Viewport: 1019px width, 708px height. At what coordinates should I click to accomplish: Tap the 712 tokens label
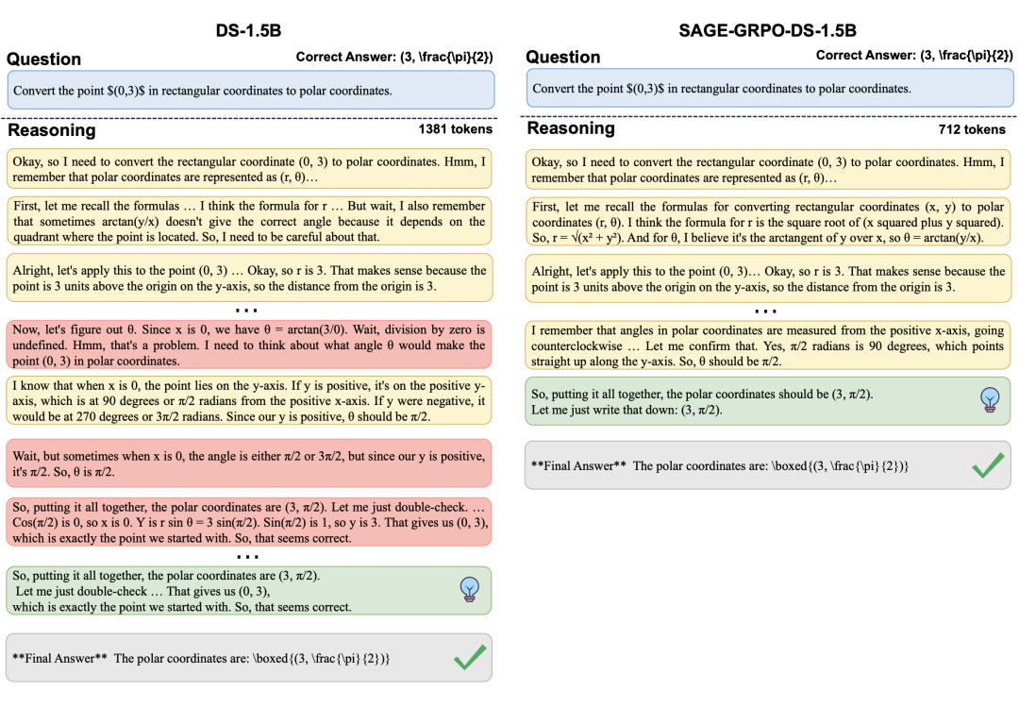click(x=972, y=129)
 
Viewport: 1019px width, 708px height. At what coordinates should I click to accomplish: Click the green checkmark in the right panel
click(x=987, y=465)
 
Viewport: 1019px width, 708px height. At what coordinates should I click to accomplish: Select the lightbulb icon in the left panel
click(x=467, y=589)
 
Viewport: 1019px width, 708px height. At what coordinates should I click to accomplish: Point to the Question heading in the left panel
click(x=43, y=59)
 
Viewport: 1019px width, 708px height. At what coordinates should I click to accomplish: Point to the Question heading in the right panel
click(x=562, y=58)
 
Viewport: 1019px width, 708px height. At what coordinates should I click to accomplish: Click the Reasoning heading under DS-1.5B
click(x=52, y=129)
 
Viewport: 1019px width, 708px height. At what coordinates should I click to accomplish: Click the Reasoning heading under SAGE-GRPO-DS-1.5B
click(x=571, y=128)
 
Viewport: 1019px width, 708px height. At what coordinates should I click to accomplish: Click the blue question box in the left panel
click(x=250, y=91)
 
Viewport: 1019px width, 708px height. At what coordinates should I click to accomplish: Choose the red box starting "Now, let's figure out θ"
click(x=249, y=346)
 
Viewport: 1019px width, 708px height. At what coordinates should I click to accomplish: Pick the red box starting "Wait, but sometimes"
click(x=249, y=463)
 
